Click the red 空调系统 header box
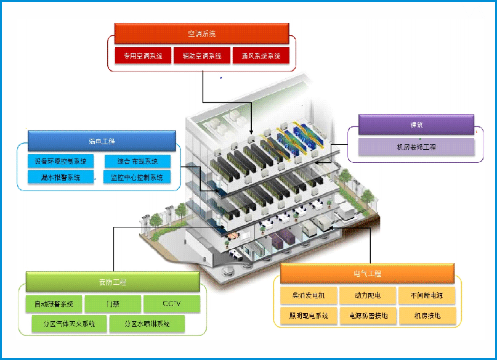(x=201, y=33)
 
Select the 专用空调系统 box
(x=143, y=56)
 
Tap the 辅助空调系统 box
(x=201, y=56)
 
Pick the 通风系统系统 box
(x=261, y=56)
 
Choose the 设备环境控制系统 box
(x=60, y=162)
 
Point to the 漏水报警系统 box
(x=60, y=178)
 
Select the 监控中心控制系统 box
(x=137, y=178)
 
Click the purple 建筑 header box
(x=416, y=125)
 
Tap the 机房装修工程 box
(x=416, y=147)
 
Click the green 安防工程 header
(x=112, y=282)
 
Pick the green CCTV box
(x=172, y=304)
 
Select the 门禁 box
(x=112, y=304)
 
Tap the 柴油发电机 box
(x=309, y=295)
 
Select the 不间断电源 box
(x=427, y=295)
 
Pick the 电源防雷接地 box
(x=368, y=316)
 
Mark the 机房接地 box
(x=427, y=316)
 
